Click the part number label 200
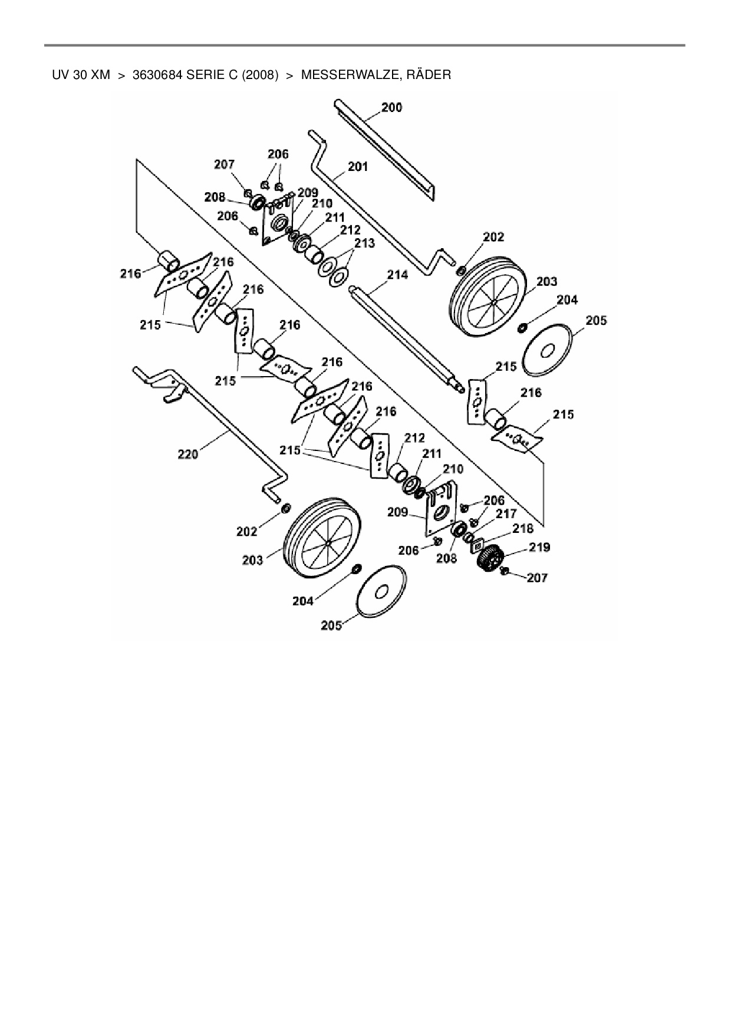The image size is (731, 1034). click(391, 107)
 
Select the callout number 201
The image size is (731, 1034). click(357, 167)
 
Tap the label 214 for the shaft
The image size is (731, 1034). click(397, 275)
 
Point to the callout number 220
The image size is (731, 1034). click(188, 454)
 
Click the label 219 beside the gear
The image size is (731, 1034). click(539, 547)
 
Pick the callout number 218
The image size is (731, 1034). click(522, 529)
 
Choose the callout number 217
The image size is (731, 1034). click(506, 514)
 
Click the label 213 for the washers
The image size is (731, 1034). click(364, 243)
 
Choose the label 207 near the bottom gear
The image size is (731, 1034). click(537, 578)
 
